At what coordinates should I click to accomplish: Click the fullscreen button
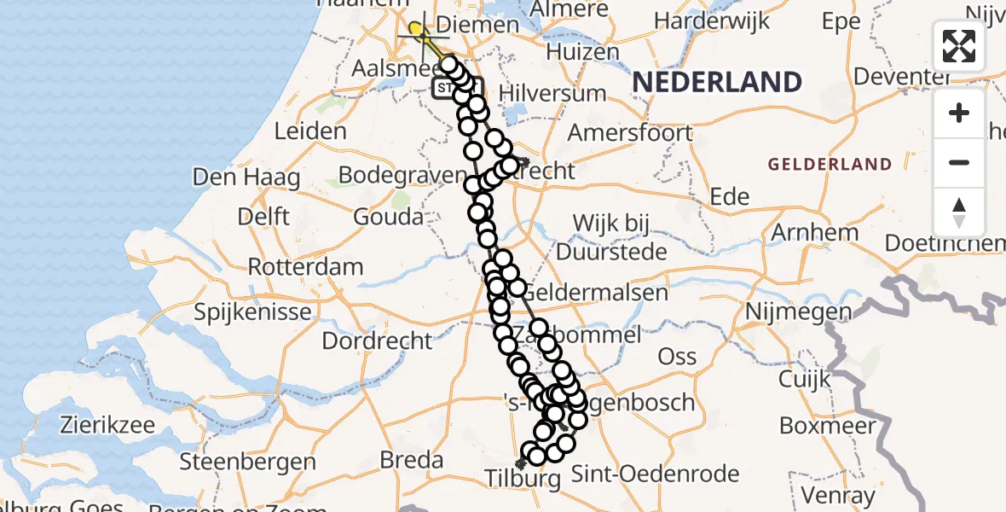click(x=959, y=46)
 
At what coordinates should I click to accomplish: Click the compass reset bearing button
click(x=959, y=212)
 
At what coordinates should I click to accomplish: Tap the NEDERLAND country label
click(x=717, y=83)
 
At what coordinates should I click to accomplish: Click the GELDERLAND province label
click(x=830, y=164)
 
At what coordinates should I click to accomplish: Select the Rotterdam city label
click(x=305, y=266)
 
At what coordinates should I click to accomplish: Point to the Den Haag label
click(x=246, y=177)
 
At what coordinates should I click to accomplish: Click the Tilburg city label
click(x=523, y=479)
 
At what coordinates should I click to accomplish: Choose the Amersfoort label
click(x=630, y=132)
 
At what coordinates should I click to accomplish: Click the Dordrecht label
click(x=377, y=340)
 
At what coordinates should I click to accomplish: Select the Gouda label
click(x=390, y=216)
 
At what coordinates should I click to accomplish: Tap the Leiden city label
click(x=310, y=131)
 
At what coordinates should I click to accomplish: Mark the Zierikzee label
click(x=116, y=424)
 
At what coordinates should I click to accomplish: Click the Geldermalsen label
click(x=608, y=293)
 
